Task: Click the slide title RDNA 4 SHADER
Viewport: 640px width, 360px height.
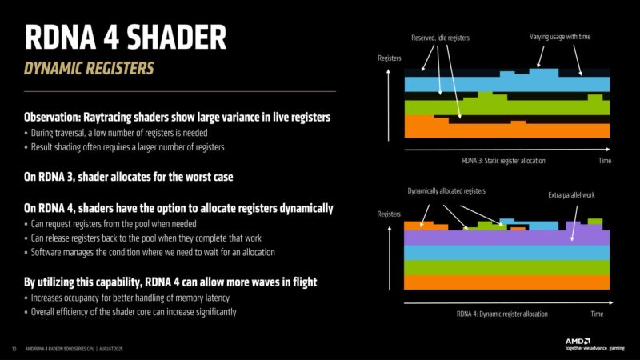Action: (126, 38)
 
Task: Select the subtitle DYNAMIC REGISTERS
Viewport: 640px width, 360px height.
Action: (90, 68)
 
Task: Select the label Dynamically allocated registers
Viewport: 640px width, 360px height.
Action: (446, 191)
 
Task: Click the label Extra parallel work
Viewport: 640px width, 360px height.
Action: (571, 196)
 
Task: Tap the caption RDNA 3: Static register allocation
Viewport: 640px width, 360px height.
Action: (504, 161)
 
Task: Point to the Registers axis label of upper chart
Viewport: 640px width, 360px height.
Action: (390, 59)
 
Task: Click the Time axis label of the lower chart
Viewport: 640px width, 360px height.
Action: (597, 314)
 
